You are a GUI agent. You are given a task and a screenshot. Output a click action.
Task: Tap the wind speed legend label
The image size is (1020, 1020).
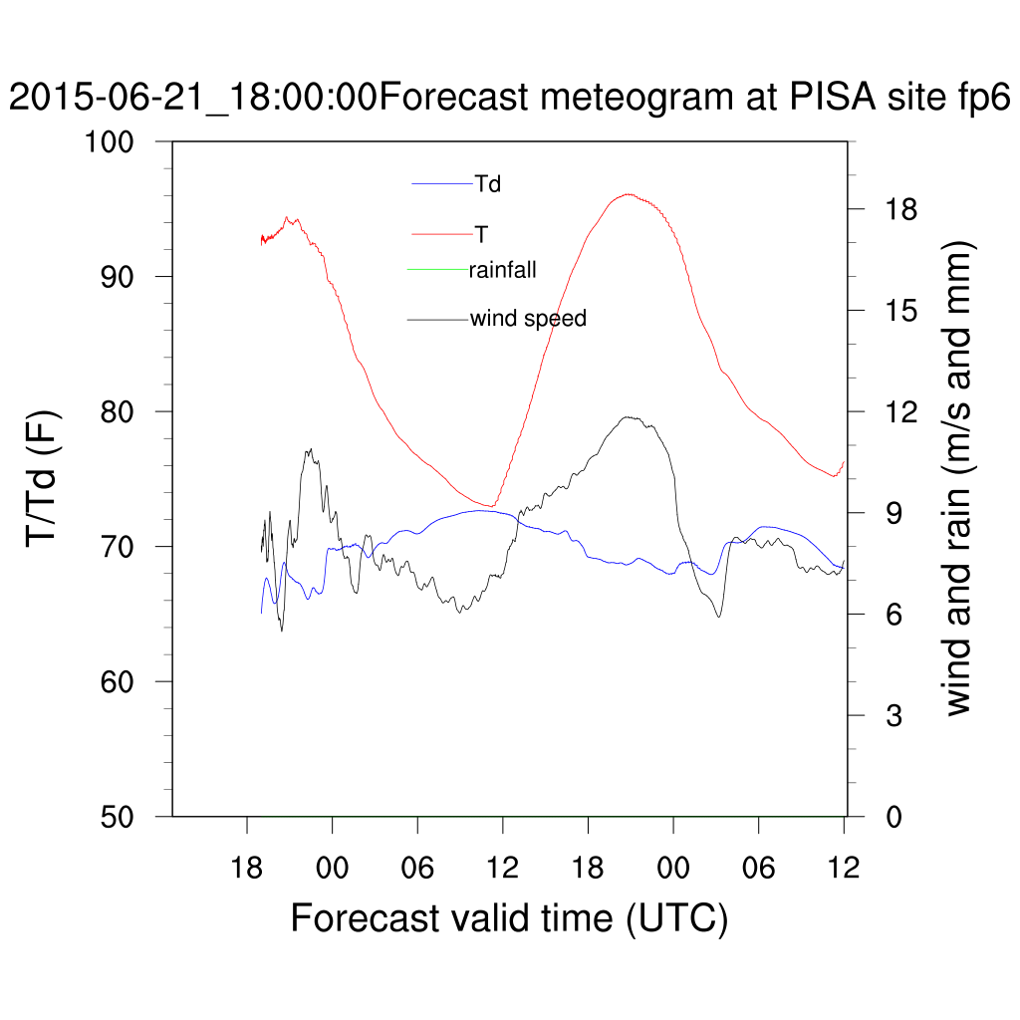pyautogui.click(x=528, y=319)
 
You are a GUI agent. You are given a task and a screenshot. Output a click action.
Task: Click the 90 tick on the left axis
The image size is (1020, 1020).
pyautogui.click(x=130, y=277)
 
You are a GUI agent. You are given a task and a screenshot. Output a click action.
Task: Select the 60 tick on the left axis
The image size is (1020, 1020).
pyautogui.click(x=130, y=681)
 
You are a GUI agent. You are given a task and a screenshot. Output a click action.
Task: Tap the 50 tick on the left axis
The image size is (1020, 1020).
pyautogui.click(x=130, y=817)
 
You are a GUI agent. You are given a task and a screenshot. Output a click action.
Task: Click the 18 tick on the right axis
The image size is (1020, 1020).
pyautogui.click(x=895, y=209)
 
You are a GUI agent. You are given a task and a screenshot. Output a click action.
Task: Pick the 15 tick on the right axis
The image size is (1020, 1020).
pyautogui.click(x=895, y=310)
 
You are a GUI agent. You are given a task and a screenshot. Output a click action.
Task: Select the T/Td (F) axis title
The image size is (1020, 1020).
pyautogui.click(x=45, y=479)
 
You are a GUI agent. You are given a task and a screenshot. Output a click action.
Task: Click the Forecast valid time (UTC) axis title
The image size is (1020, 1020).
pyautogui.click(x=509, y=917)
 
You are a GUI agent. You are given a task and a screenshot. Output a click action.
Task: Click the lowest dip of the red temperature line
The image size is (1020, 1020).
pyautogui.click(x=492, y=506)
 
